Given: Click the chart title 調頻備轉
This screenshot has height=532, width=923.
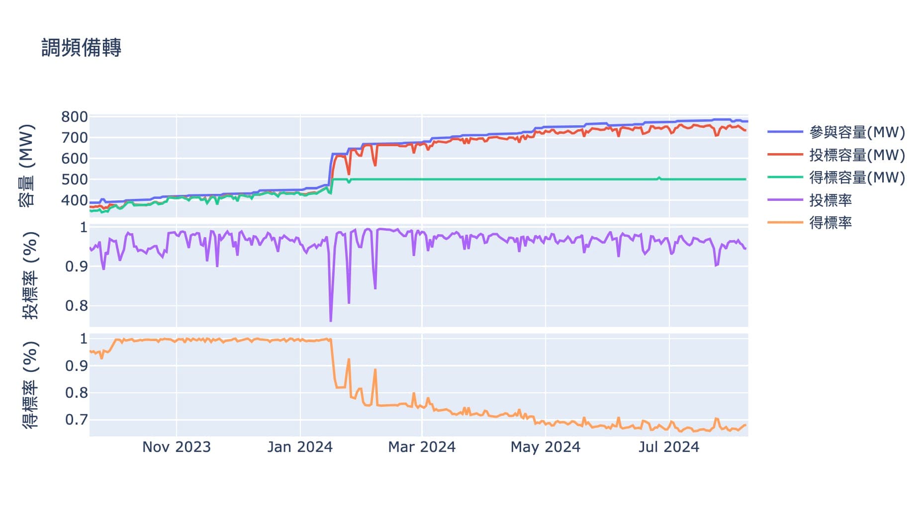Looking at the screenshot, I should click(81, 48).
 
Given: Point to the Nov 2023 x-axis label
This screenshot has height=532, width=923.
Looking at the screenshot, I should click(177, 447).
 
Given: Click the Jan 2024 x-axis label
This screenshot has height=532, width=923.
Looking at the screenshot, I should click(300, 447).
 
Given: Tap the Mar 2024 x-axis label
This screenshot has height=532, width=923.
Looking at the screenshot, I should click(422, 447).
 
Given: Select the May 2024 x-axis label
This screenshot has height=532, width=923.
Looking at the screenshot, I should click(546, 447).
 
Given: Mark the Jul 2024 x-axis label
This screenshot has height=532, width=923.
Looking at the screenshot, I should click(669, 447).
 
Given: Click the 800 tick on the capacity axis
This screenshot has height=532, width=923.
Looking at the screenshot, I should click(75, 117).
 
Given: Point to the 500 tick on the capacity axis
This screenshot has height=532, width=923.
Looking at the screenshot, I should click(75, 179).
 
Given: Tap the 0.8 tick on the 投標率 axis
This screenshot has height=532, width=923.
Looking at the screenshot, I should click(77, 306).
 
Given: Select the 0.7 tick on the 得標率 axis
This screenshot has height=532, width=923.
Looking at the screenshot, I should click(77, 420).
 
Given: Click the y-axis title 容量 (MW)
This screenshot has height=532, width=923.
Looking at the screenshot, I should click(27, 166).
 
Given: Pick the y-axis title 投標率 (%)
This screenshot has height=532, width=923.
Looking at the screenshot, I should click(30, 275).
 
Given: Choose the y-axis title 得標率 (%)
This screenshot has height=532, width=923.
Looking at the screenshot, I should click(30, 385).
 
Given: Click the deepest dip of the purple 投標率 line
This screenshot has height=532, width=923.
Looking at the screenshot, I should click(331, 321).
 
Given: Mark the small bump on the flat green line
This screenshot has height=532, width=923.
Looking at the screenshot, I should click(659, 177).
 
